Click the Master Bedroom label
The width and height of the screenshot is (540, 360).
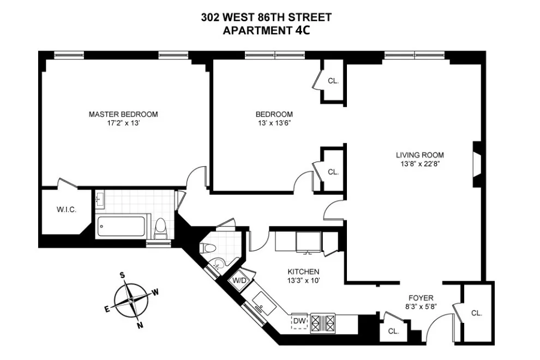point(123,114)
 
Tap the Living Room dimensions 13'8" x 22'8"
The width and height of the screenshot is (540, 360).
point(419,164)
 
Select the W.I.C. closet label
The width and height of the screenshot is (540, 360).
point(65,210)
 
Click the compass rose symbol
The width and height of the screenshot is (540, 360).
point(131,301)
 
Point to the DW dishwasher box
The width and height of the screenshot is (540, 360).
point(299,321)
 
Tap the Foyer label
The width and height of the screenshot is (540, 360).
point(421,298)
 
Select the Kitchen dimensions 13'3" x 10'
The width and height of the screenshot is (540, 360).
point(303,280)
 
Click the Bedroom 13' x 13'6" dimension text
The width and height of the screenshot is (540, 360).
point(274,123)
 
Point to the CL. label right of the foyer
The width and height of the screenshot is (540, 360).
point(476,313)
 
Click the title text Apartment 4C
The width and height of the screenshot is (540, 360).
point(266,31)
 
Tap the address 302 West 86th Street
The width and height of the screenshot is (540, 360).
point(266,18)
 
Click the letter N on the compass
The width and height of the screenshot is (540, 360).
point(140,326)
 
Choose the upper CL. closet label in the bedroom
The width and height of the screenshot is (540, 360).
point(333,81)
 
